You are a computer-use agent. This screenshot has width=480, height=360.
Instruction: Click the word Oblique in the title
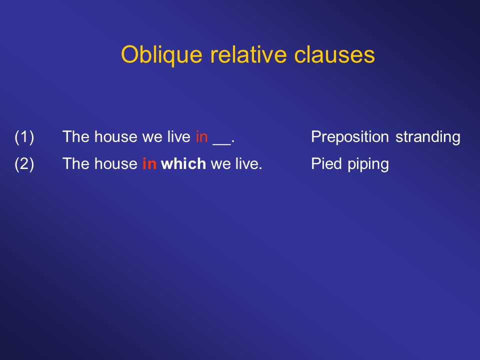161,55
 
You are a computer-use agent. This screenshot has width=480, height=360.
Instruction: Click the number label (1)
24,137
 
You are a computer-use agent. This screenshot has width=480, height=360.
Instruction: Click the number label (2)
24,164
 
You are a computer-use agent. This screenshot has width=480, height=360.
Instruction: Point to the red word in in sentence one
201,137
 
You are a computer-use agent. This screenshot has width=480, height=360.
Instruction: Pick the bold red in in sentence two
149,164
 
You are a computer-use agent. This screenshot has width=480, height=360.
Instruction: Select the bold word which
183,164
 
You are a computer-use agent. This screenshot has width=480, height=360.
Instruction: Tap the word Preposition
350,137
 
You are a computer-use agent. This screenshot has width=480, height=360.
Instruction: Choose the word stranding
428,137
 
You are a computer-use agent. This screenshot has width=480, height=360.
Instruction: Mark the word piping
368,164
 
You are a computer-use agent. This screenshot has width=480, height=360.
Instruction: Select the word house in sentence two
116,164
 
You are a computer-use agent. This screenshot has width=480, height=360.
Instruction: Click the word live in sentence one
179,136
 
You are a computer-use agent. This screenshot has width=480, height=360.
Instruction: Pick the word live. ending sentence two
249,164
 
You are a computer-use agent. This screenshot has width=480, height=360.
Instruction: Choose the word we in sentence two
220,165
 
